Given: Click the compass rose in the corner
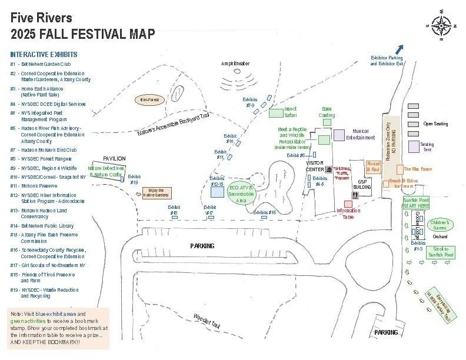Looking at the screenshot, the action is pos(441,25).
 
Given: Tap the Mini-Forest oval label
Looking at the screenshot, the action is pos(149,100).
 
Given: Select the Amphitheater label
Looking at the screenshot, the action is pos(235,63).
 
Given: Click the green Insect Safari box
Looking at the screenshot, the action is pos(276,112).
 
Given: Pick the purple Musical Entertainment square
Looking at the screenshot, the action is pos(338,135).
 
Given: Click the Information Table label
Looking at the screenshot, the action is pos(348,213).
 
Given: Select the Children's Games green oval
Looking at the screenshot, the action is pos(440,224).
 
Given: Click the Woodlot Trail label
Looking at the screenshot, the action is pos(206,321).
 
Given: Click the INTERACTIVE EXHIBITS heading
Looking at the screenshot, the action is pos(44,54).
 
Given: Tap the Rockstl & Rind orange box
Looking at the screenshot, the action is pos(373,166).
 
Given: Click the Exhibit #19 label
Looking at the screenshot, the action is pos(134,179).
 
